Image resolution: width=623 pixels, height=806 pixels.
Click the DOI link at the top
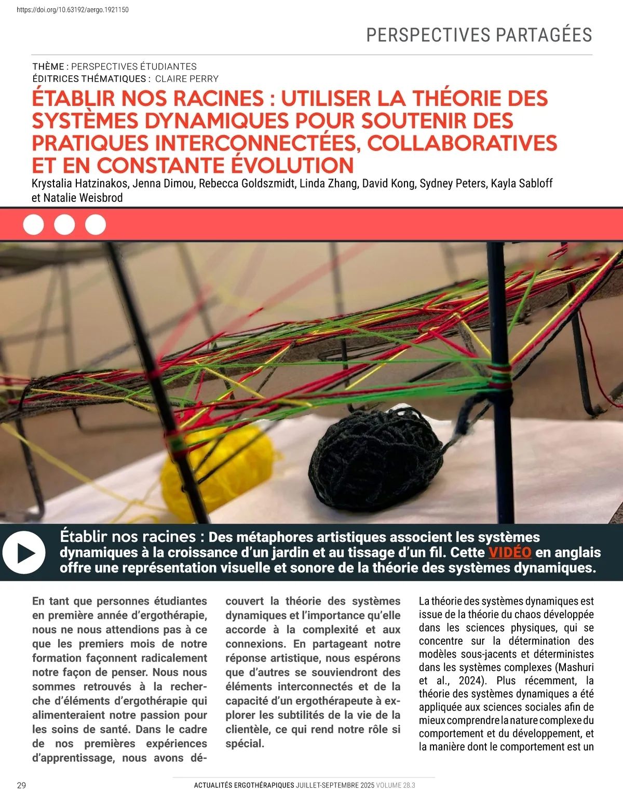click(x=73, y=9)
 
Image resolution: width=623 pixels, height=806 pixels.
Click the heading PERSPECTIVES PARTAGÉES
click(x=479, y=35)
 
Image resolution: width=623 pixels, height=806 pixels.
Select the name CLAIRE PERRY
click(x=187, y=79)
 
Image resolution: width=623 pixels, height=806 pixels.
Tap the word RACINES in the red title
click(x=218, y=99)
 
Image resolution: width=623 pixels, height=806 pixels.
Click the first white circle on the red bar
click(x=34, y=225)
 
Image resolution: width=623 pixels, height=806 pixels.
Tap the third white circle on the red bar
click(x=96, y=225)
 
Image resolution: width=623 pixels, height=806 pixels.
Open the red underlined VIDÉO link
click(x=510, y=552)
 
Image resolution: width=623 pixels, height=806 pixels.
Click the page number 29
click(x=21, y=785)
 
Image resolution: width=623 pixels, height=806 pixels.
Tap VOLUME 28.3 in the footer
click(x=396, y=785)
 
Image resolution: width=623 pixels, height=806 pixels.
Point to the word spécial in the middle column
click(x=245, y=743)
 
